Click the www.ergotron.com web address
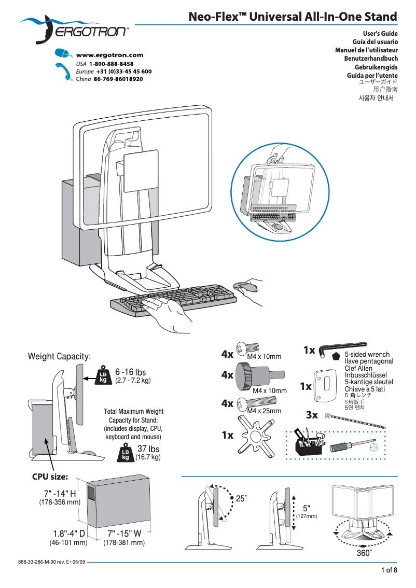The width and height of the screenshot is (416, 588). click(x=109, y=55)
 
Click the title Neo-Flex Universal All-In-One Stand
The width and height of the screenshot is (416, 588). click(x=293, y=17)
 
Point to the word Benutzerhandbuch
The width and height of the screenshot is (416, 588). click(x=371, y=59)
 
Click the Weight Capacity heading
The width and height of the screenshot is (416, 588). click(x=59, y=356)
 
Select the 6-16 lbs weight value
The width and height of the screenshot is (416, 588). click(x=131, y=372)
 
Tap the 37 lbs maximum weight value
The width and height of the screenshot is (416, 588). click(x=148, y=449)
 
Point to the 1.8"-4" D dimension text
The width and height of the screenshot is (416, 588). click(x=69, y=534)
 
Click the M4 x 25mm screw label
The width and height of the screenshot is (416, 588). click(x=264, y=411)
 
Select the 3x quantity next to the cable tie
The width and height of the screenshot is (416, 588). click(x=312, y=415)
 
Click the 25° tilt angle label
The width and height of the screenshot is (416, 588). click(x=242, y=498)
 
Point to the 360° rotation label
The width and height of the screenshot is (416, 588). click(x=364, y=553)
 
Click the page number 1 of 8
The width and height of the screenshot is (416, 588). click(x=389, y=571)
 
